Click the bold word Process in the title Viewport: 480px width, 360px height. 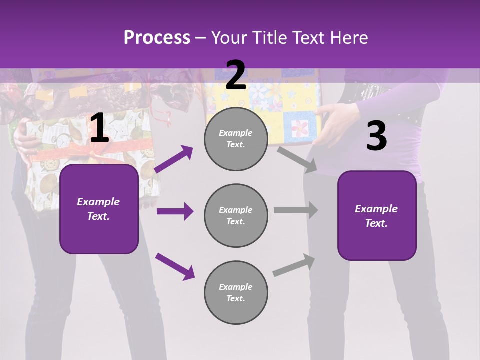pyautogui.click(x=157, y=38)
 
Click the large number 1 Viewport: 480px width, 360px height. pyautogui.click(x=99, y=128)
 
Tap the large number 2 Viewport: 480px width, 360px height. pyautogui.click(x=236, y=75)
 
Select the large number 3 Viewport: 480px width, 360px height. pyautogui.click(x=376, y=136)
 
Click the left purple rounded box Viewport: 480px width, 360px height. pyautogui.click(x=99, y=209)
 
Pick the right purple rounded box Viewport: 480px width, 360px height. pyautogui.click(x=377, y=215)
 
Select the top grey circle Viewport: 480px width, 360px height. pyautogui.click(x=236, y=139)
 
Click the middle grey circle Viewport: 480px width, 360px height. pyautogui.click(x=236, y=215)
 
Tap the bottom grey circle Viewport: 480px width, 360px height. pyautogui.click(x=236, y=292)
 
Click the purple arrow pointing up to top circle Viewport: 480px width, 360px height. pyautogui.click(x=174, y=159)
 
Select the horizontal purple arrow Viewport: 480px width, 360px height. pyautogui.click(x=175, y=211)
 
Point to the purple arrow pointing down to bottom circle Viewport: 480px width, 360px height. pyautogui.click(x=175, y=266)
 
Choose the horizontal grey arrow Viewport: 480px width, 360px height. pyautogui.click(x=296, y=210)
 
